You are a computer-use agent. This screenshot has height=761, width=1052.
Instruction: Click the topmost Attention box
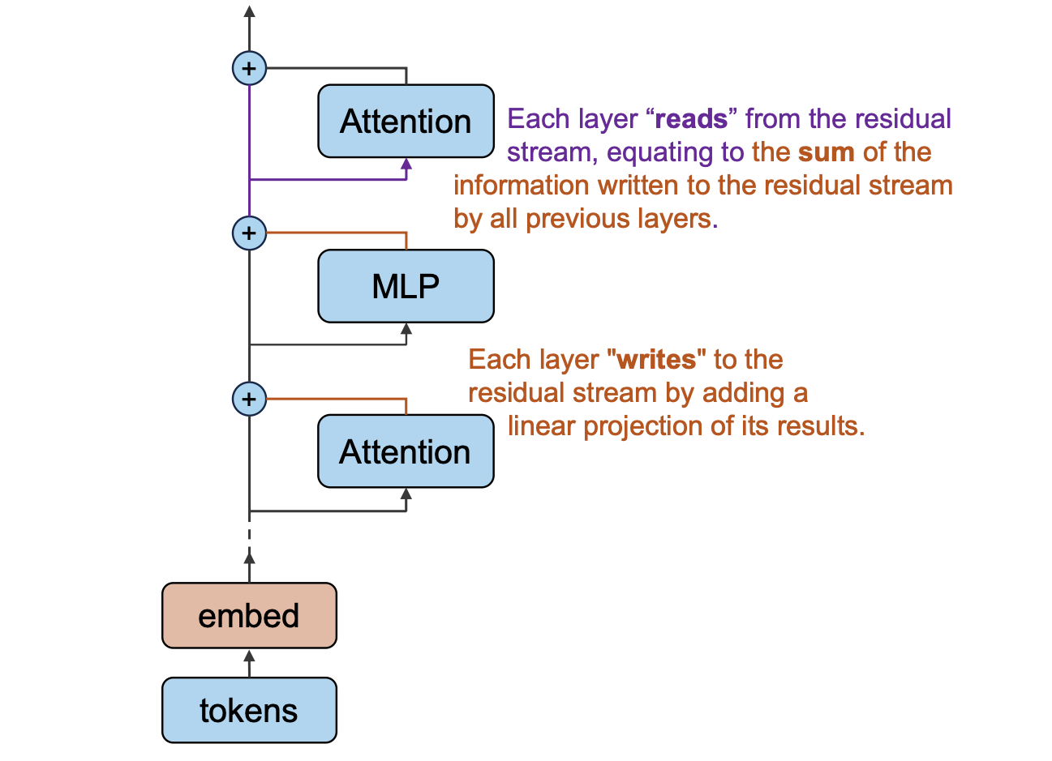point(406,121)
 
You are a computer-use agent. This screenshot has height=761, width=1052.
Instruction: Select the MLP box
point(406,286)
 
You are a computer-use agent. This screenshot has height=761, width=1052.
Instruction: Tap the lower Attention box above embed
point(406,451)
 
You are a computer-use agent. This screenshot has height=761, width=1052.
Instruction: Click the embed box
point(249,616)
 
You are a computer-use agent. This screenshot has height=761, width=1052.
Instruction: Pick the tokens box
point(249,710)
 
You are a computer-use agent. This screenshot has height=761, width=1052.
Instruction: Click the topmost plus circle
point(249,69)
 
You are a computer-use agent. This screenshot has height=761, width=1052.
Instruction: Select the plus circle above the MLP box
point(249,233)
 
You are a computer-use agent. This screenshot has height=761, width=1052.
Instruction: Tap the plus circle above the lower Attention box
point(249,400)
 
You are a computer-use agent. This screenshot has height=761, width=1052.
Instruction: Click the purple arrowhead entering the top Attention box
point(406,165)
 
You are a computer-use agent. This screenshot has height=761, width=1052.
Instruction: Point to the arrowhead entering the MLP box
point(406,329)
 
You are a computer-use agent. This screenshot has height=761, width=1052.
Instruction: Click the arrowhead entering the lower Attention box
point(406,494)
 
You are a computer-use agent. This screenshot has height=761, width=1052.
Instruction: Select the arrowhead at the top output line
point(249,11)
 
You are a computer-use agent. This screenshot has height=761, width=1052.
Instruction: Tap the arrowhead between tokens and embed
point(249,656)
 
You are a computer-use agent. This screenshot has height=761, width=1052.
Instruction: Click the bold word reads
point(691,119)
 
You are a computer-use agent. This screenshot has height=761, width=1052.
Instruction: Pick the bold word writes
point(656,361)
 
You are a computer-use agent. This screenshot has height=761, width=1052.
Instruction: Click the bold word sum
point(826,152)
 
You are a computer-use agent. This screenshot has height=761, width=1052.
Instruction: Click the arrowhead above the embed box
point(249,558)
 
